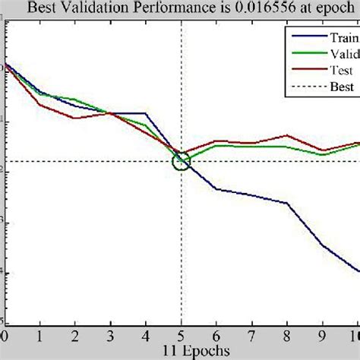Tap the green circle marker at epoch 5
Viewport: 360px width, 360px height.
181,161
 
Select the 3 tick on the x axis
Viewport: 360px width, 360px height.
110,336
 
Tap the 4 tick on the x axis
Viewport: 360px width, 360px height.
146,336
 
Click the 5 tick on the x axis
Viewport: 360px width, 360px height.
181,336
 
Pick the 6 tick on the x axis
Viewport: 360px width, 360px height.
216,336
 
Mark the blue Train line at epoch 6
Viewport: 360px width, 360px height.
216,189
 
